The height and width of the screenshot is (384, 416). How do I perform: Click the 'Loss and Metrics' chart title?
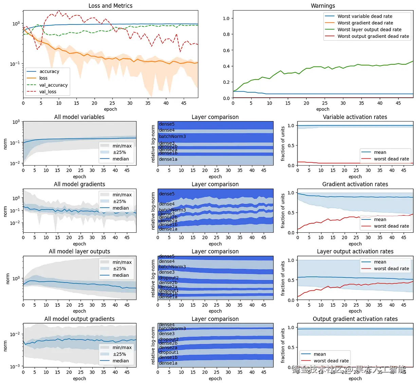(x=110, y=6)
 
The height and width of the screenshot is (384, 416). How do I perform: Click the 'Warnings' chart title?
(x=323, y=6)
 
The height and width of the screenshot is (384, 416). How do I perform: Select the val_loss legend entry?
(x=48, y=92)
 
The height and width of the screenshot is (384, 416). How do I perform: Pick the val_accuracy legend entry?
(x=53, y=85)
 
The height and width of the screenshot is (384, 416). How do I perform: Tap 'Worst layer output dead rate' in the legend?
(x=369, y=30)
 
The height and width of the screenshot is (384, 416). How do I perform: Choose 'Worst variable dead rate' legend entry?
(x=365, y=16)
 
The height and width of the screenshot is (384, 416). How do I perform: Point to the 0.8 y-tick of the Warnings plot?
(x=226, y=34)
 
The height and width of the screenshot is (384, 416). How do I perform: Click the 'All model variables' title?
(x=79, y=117)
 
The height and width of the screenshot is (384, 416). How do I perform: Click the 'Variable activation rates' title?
(x=355, y=117)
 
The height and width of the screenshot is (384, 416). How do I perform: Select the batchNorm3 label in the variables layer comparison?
(x=172, y=136)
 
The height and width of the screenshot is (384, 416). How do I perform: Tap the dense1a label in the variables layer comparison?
(x=168, y=159)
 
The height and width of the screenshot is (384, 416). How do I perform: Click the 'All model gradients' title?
(x=79, y=184)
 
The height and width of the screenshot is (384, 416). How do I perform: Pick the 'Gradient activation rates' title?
(x=355, y=184)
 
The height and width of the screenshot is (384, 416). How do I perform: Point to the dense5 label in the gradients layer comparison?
(x=166, y=194)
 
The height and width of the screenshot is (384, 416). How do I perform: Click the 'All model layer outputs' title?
(x=79, y=251)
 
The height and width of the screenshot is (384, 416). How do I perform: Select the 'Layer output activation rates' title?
(x=355, y=251)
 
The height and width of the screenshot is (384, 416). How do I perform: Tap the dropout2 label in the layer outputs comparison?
(x=168, y=278)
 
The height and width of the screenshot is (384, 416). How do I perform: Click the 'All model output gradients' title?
(x=79, y=319)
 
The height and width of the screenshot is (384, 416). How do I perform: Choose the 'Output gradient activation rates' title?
(x=355, y=319)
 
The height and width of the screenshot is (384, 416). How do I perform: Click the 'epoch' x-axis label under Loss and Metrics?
(x=110, y=109)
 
